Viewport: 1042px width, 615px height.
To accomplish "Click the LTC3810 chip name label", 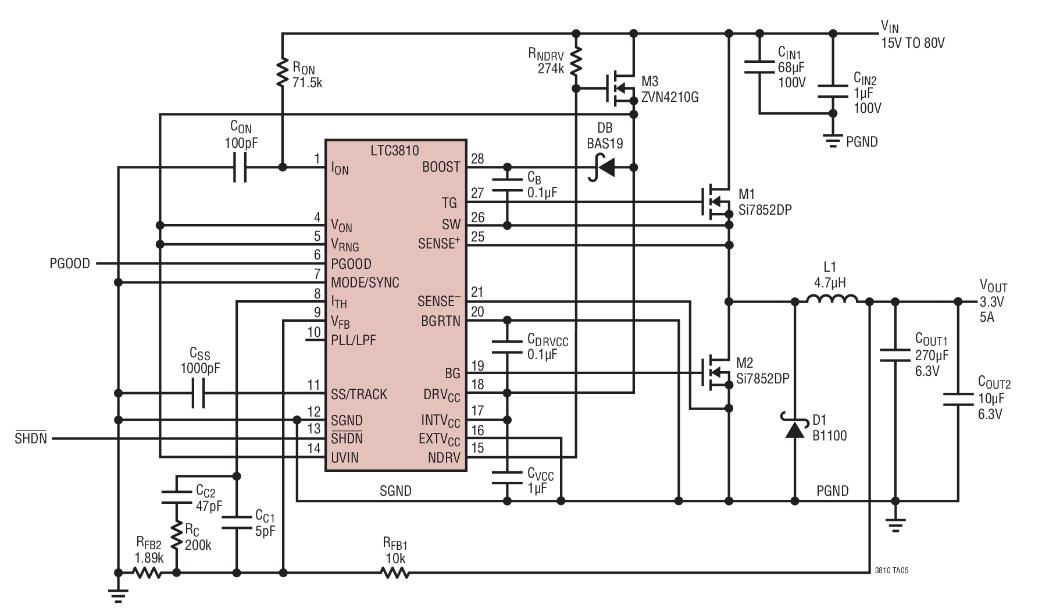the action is point(394,151).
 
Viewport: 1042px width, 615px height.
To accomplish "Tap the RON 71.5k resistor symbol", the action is point(283,72).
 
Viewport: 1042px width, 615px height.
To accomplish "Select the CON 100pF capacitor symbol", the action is point(240,168).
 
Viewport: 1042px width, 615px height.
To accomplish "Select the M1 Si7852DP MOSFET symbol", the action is point(716,202).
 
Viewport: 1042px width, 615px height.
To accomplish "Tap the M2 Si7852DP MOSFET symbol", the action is point(716,372).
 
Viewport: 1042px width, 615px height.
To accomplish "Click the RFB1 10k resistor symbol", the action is point(395,573).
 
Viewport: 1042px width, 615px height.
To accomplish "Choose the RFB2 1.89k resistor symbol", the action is point(148,573).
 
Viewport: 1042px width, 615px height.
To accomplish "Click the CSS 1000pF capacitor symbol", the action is point(199,393).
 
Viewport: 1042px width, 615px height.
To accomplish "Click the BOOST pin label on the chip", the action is point(441,167).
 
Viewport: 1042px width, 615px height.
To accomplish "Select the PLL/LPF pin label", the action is point(354,340).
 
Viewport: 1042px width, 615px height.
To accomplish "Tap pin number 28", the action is point(477,158).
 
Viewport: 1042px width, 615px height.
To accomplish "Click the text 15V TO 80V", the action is point(912,43).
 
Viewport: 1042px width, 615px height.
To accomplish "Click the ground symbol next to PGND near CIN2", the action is point(833,141).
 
